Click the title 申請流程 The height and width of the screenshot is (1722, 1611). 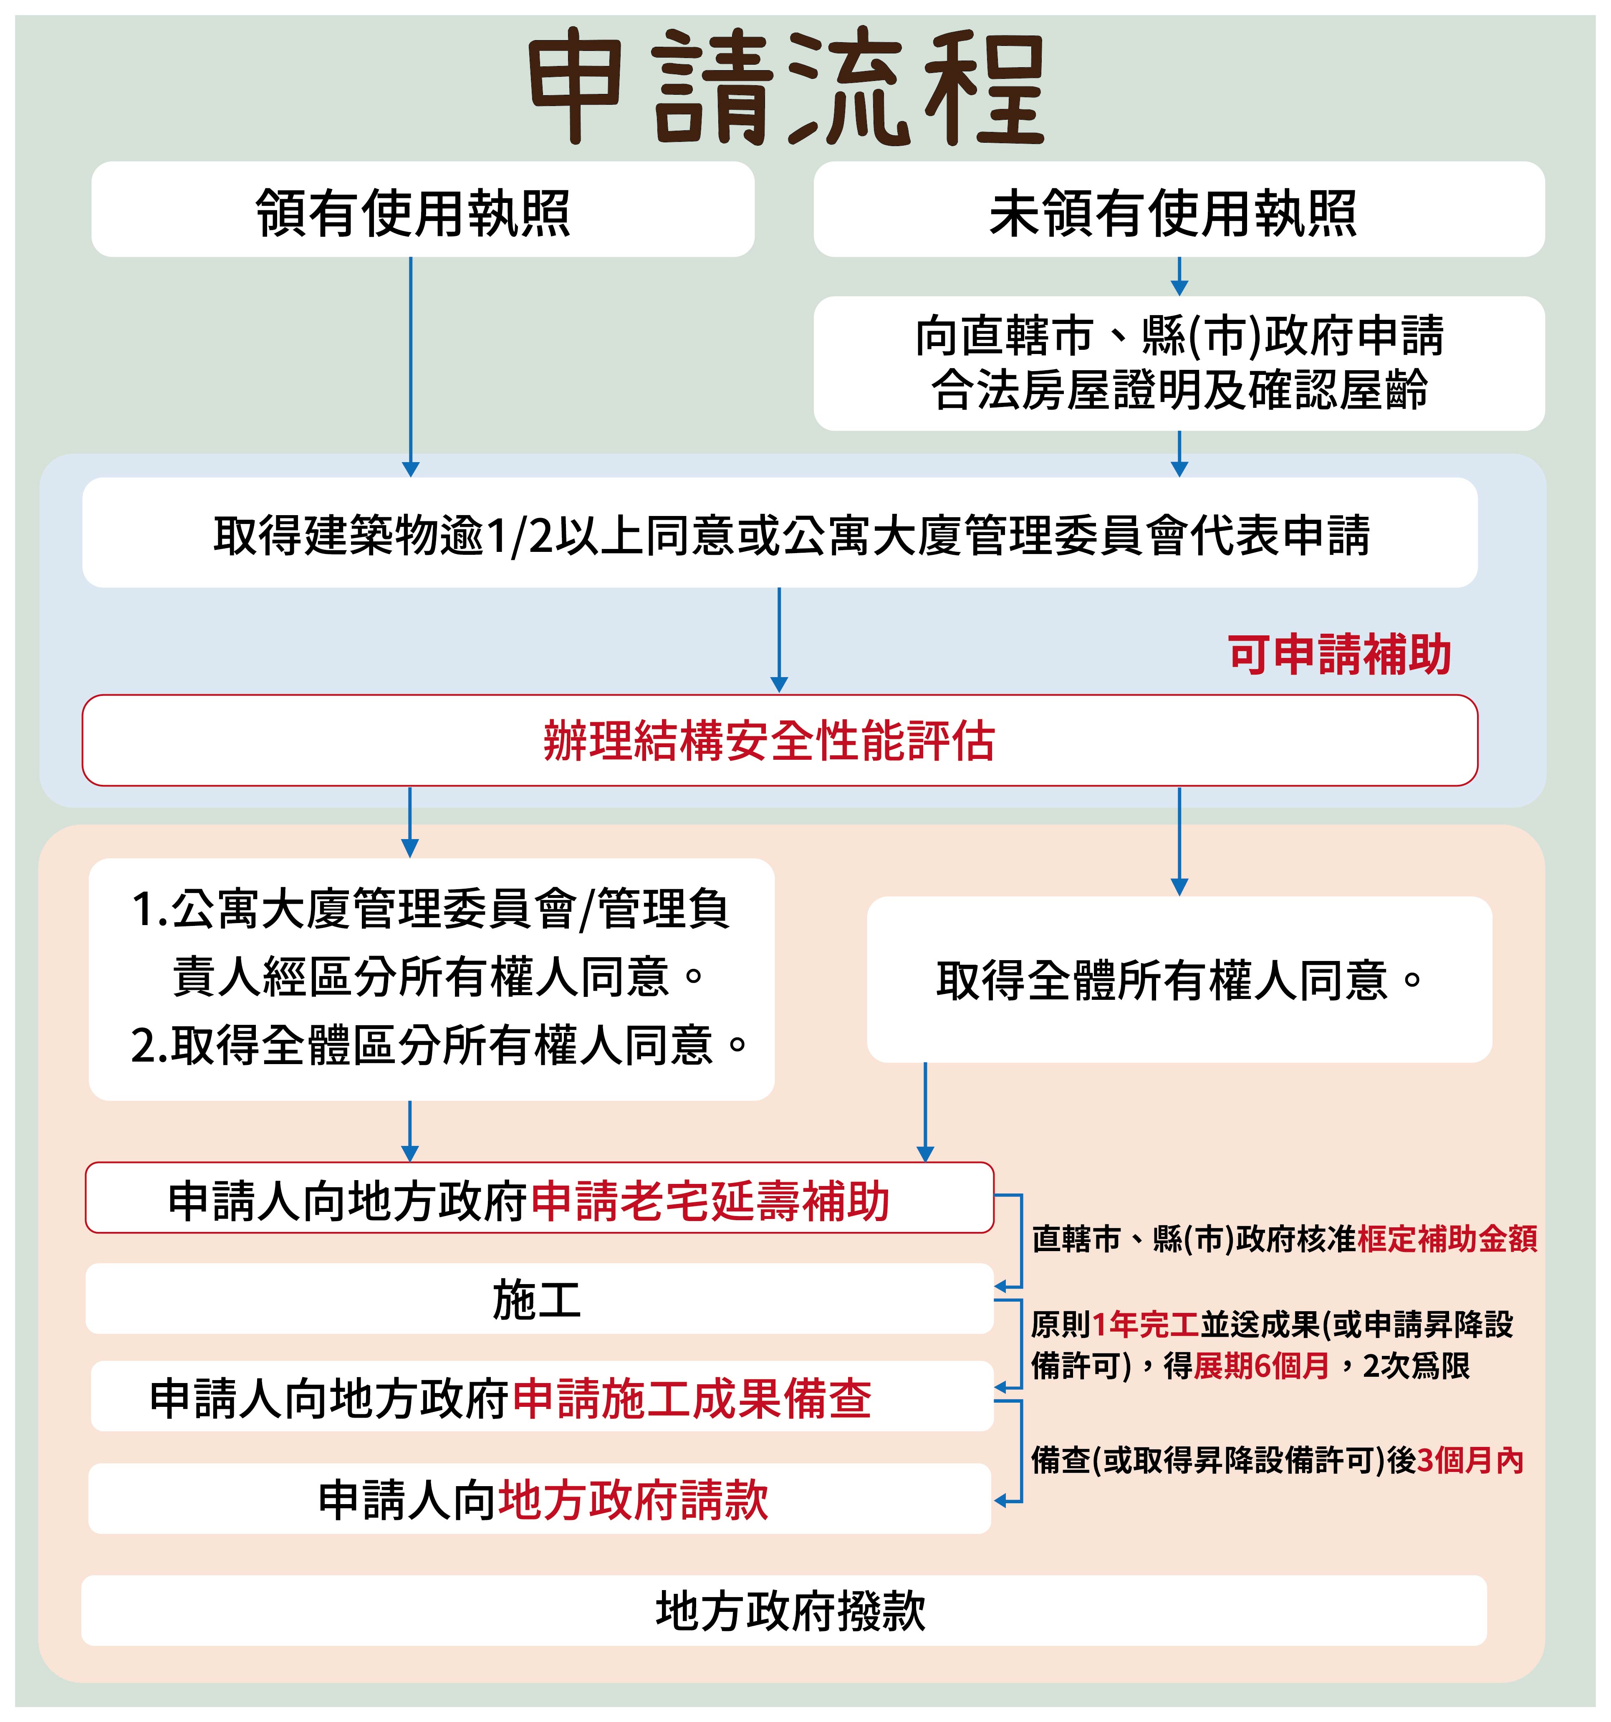pyautogui.click(x=786, y=86)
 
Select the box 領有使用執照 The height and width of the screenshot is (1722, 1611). pyautogui.click(x=423, y=209)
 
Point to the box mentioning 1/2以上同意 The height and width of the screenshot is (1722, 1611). pyautogui.click(x=780, y=533)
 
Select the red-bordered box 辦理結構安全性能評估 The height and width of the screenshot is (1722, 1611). pyautogui.click(x=780, y=741)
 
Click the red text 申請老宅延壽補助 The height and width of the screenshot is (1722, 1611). pyautogui.click(x=710, y=1201)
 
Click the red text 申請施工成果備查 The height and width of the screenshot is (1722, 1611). pyautogui.click(x=693, y=1399)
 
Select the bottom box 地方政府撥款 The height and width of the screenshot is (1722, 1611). pyautogui.click(x=790, y=1611)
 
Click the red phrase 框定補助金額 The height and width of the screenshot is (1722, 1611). pyautogui.click(x=1447, y=1239)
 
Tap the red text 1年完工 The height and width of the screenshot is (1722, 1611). pyautogui.click(x=1145, y=1325)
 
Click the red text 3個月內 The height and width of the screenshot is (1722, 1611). pyautogui.click(x=1470, y=1460)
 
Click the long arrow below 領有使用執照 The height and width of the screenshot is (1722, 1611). pyautogui.click(x=411, y=364)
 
